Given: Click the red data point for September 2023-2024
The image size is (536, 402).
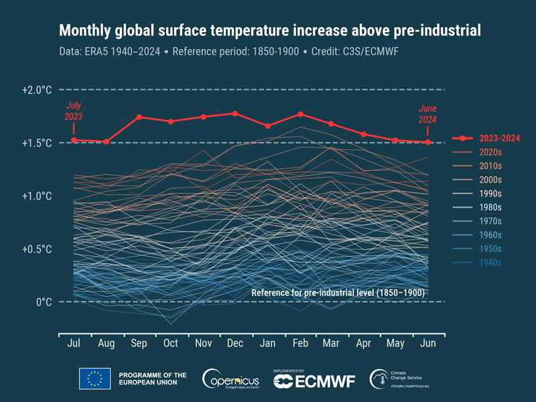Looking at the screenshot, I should pyautogui.click(x=139, y=117).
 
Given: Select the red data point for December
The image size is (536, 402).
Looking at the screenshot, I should pyautogui.click(x=234, y=113).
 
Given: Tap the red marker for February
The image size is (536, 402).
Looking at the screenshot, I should pyautogui.click(x=300, y=114).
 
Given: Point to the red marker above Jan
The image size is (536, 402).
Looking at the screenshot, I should pyautogui.click(x=267, y=126).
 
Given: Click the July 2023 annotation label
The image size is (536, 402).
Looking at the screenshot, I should pyautogui.click(x=74, y=111).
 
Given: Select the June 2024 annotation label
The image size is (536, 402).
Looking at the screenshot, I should pyautogui.click(x=427, y=114).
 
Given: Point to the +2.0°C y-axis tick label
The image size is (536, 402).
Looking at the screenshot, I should pyautogui.click(x=37, y=90).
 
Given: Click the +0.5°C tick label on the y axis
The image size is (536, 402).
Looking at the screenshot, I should pyautogui.click(x=37, y=249).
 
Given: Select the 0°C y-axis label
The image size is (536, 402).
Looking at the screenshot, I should pyautogui.click(x=44, y=302).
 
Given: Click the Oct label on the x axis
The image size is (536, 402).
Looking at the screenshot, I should pyautogui.click(x=171, y=343).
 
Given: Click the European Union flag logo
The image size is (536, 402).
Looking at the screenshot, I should pyautogui.click(x=94, y=379).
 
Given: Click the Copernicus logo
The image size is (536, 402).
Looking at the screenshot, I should pyautogui.click(x=231, y=379).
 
